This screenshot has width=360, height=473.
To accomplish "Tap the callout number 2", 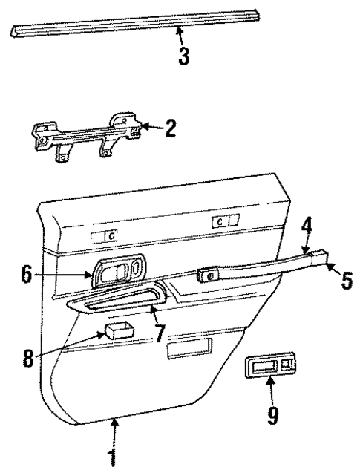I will pos(170,128).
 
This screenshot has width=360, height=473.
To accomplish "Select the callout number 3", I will pos(183,56).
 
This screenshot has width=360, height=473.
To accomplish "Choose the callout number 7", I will pos(158,331).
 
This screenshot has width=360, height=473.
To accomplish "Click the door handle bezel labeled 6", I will pos(119,272).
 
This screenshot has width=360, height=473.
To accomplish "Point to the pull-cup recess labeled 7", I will pos(119,301).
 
